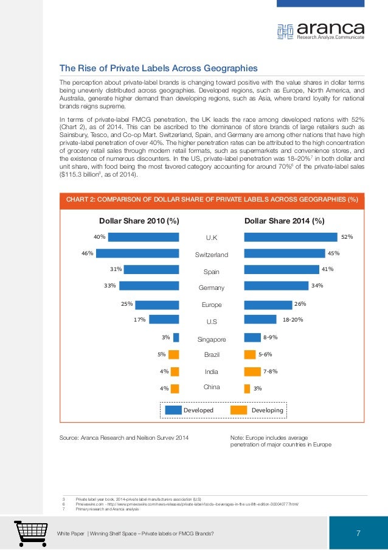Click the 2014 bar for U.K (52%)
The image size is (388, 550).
click(x=290, y=237)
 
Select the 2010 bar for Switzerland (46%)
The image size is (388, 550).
click(x=137, y=253)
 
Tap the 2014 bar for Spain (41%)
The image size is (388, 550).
click(x=281, y=269)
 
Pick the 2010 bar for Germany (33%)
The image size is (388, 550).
click(x=149, y=286)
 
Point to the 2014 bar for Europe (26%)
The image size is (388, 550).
click(x=268, y=305)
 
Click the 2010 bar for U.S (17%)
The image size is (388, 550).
click(x=164, y=319)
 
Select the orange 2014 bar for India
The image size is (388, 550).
click(x=252, y=372)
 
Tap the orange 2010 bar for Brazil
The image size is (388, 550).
click(x=174, y=355)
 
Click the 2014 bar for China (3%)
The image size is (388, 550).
click(x=247, y=389)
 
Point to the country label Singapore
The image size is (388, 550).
click(x=212, y=339)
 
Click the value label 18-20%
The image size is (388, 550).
click(x=293, y=319)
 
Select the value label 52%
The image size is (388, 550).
click(x=347, y=236)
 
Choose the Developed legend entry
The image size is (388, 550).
click(x=189, y=411)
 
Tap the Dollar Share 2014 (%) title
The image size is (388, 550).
click(x=284, y=221)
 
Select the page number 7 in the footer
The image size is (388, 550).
click(x=358, y=534)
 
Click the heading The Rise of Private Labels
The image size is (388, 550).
click(x=158, y=68)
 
